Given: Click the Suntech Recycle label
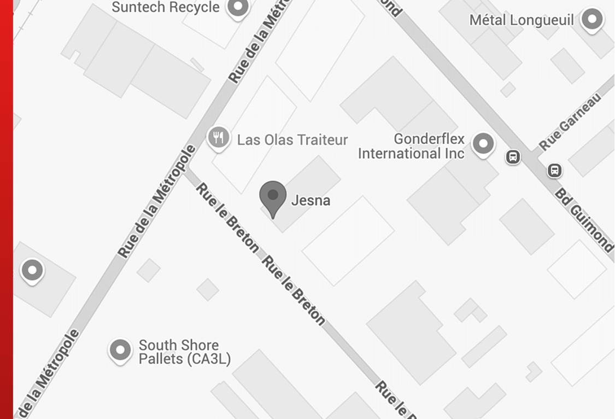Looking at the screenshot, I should click(165, 8).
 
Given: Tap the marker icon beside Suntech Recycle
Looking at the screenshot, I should click(238, 8).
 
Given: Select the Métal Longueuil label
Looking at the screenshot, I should click(522, 21).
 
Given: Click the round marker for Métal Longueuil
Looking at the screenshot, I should click(591, 20).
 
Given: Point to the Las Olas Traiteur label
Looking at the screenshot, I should click(292, 140).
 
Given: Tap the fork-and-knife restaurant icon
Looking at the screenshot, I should click(219, 137).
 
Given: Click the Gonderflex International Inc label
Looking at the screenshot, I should click(411, 146).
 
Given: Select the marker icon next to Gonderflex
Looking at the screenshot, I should click(483, 144).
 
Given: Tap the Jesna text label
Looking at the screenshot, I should click(311, 201).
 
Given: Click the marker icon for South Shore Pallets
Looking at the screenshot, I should click(120, 349).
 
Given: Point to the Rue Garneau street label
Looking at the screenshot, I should click(570, 122).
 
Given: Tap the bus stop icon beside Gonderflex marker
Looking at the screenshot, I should click(513, 158).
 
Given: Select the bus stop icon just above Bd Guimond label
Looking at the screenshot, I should click(554, 171).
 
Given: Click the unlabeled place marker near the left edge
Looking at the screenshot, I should click(32, 270).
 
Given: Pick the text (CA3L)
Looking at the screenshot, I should click(207, 359).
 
